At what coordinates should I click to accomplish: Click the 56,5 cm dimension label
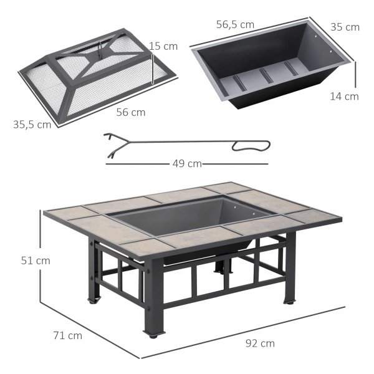point(235,24)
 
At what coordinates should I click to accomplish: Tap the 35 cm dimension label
point(345,27)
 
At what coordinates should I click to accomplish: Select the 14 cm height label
point(344,97)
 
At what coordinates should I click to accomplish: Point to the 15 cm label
point(163,46)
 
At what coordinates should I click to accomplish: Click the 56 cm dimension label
point(131,112)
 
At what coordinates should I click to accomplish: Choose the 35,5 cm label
point(32,125)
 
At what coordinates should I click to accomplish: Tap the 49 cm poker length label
point(187,163)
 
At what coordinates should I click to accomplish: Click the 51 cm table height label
point(36,261)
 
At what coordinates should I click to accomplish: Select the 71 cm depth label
point(68,335)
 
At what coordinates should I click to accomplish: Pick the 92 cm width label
point(260,343)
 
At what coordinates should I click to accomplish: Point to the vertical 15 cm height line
point(153,69)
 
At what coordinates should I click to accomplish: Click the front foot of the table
point(154,333)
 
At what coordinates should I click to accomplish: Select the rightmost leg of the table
point(290,267)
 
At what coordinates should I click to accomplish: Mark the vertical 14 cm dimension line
point(355,75)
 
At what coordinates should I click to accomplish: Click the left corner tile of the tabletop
point(70,213)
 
